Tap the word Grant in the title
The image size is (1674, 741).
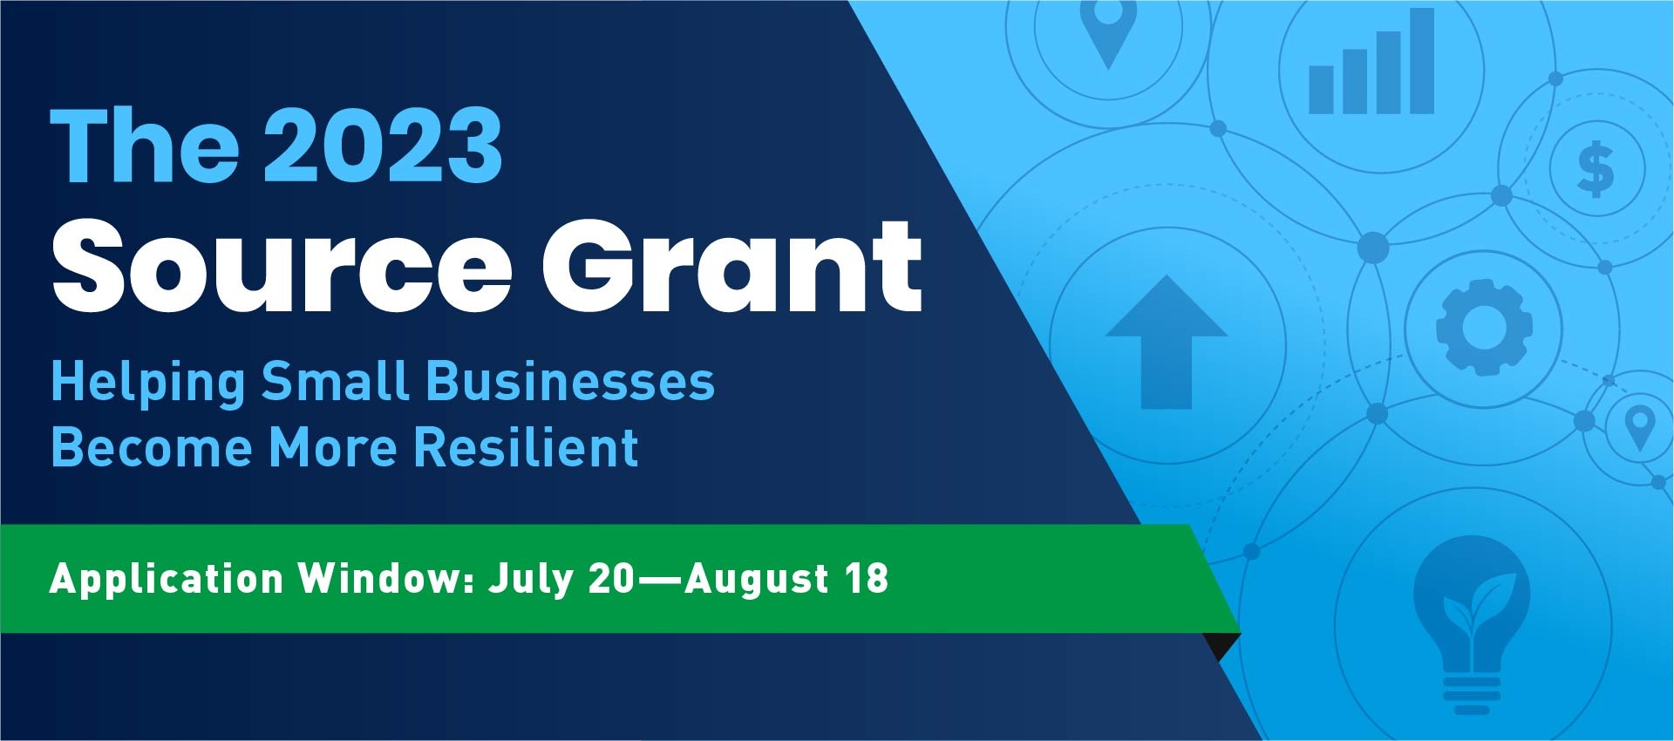[x=732, y=264]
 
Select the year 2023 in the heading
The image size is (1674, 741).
[x=382, y=146]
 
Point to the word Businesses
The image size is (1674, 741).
[x=570, y=383]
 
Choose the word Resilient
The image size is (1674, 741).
[x=526, y=446]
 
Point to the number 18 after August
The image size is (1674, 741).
[x=866, y=579]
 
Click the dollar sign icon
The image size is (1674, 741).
[x=1596, y=169]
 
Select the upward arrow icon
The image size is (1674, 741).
[x=1166, y=342]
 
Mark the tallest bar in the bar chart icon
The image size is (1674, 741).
[x=1421, y=61]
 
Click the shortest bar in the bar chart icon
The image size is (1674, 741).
[x=1321, y=90]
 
